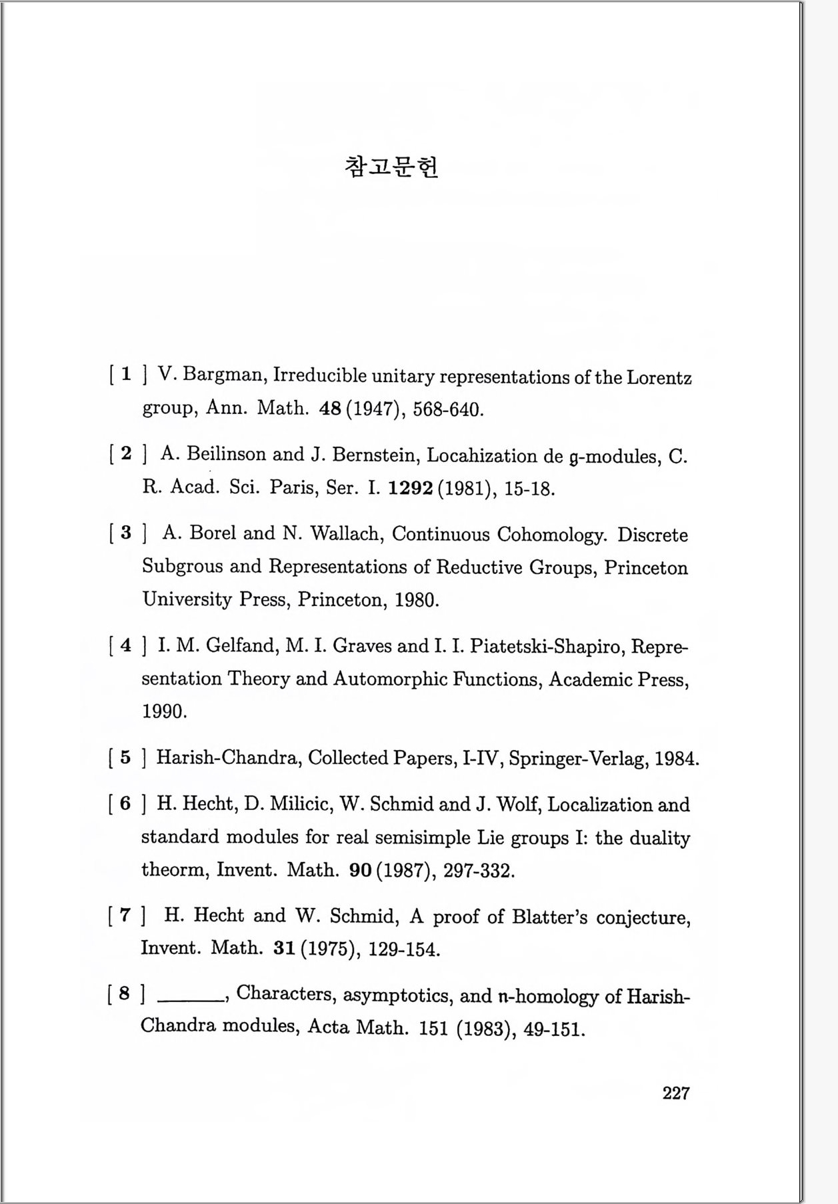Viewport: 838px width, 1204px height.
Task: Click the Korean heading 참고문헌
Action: coord(391,167)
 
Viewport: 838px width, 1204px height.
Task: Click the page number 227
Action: coord(675,1093)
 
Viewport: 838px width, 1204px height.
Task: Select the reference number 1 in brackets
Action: coord(126,374)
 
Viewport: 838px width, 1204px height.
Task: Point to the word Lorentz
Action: coord(659,378)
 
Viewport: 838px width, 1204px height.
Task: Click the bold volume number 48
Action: coord(331,409)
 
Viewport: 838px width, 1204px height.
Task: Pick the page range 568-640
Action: coord(447,409)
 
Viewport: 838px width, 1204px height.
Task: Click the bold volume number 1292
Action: coord(411,489)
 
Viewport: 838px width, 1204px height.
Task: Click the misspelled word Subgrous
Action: coord(182,567)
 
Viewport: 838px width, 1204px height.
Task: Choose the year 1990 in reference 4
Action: coord(163,711)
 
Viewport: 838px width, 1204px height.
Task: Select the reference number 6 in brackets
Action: coord(125,803)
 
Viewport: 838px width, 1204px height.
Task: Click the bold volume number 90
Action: coord(360,871)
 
